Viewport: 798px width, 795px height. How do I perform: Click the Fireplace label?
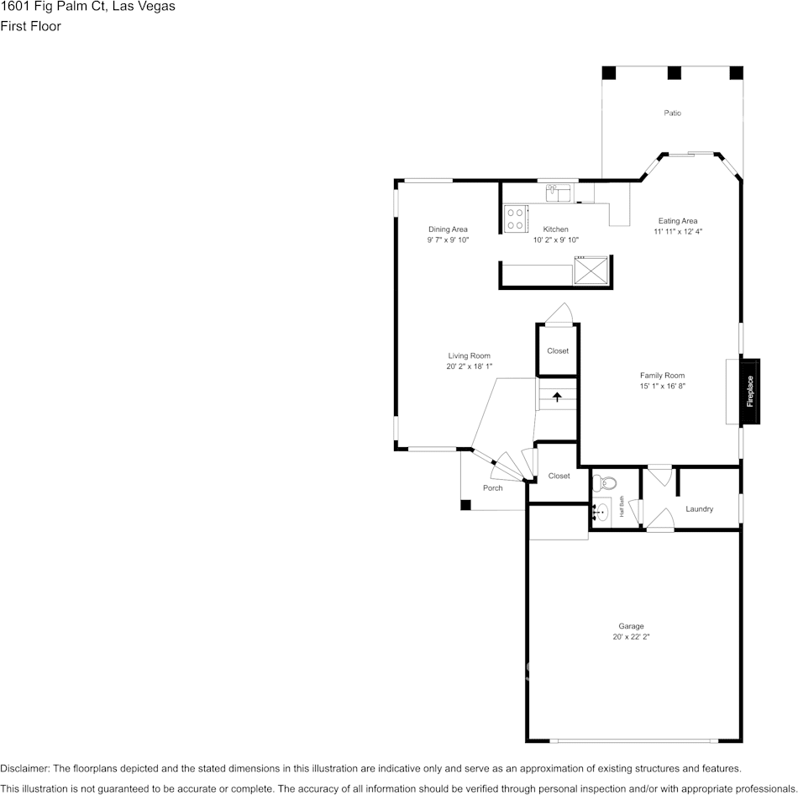click(x=750, y=392)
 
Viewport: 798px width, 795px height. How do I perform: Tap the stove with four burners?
click(x=515, y=218)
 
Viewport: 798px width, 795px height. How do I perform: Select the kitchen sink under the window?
click(x=559, y=194)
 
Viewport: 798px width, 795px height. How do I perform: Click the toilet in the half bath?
click(x=604, y=483)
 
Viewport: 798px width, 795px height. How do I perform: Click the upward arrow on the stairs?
click(x=556, y=396)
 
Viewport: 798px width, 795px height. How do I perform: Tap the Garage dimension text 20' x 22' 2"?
click(x=631, y=637)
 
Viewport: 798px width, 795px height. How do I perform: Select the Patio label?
click(x=672, y=113)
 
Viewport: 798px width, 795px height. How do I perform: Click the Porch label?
click(x=492, y=487)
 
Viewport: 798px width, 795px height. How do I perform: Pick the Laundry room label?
click(x=699, y=509)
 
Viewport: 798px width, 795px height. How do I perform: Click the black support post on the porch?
click(x=465, y=505)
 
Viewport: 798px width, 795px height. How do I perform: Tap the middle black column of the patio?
click(x=673, y=73)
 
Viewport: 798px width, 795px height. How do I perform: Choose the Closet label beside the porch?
click(x=559, y=476)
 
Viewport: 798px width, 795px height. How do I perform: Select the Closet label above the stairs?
click(x=558, y=351)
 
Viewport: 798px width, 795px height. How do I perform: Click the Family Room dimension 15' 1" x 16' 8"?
click(x=662, y=387)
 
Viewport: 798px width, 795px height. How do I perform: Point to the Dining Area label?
click(x=448, y=229)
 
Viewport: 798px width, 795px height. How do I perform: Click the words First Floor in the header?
click(x=31, y=26)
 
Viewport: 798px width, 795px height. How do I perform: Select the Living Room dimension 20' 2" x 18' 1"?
click(x=469, y=366)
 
